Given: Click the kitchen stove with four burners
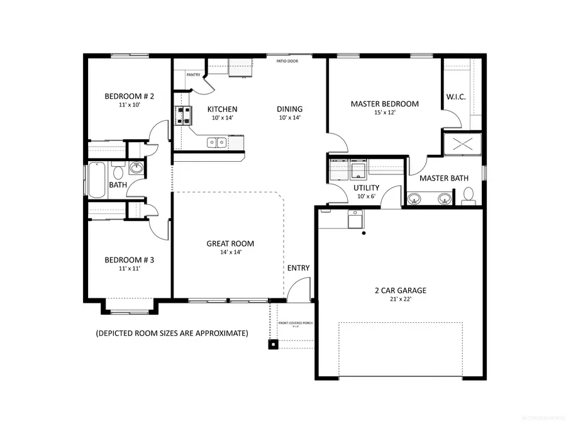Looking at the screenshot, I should pos(183,115).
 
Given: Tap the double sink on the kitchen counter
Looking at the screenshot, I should pos(217,142).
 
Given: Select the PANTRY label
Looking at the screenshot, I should pos(193,75).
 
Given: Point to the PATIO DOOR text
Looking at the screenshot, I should pos(287,61).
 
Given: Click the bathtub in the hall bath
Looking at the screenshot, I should pos(96,179).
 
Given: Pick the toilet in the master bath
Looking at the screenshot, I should pos(467,199).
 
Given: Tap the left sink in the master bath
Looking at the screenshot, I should pos(414,199).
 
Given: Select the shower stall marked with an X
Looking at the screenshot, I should pos(462,145).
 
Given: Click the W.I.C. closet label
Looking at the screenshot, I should pos(455,96).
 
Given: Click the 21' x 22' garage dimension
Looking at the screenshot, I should pos(400,300).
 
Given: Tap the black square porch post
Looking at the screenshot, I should pos(274,344).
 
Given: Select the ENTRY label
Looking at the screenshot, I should pos(298,268).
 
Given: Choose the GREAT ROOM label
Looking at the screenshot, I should pos(230,244).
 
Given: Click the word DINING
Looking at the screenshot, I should pos(289,109).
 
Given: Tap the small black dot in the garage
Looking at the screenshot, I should pos(363,234).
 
